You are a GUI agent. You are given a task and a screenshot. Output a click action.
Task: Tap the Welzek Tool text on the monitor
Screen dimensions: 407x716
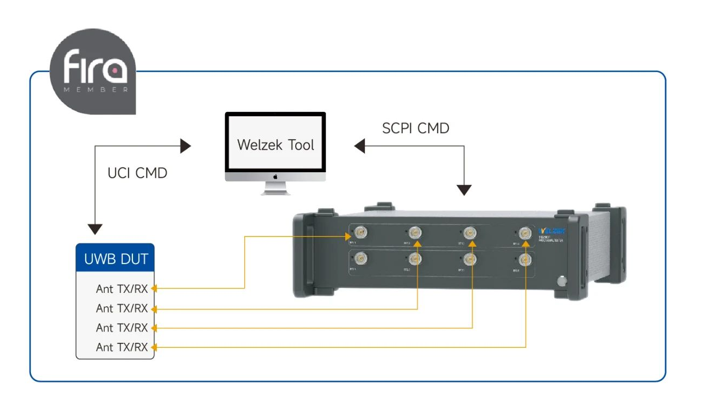coord(275,145)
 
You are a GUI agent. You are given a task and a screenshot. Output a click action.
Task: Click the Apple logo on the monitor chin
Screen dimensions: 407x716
coord(275,177)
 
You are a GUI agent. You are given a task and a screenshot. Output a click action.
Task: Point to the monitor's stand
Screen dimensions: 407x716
coord(275,188)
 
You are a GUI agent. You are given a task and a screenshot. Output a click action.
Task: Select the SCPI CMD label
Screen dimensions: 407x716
coord(416,128)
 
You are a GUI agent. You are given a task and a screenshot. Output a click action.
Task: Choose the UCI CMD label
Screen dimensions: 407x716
coord(137,173)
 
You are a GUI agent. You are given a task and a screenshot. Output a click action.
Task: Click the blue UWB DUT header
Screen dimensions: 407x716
coord(115,259)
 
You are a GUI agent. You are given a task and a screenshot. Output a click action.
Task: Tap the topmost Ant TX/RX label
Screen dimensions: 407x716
coord(122,289)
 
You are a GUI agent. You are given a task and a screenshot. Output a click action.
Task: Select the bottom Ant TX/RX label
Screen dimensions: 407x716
coord(122,347)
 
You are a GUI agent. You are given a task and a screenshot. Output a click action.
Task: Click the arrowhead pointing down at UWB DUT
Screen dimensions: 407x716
coord(95,229)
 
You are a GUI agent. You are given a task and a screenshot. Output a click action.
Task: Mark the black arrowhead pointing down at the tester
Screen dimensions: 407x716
coord(464,190)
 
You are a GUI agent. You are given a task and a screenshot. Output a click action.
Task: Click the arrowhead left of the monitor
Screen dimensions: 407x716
coord(186,146)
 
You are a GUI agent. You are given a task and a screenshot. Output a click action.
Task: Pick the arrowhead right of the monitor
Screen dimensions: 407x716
coord(360,146)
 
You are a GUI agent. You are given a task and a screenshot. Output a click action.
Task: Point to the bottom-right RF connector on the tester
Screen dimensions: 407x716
coord(525,259)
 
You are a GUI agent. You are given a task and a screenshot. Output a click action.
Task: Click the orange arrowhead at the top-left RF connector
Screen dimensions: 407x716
coord(350,236)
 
